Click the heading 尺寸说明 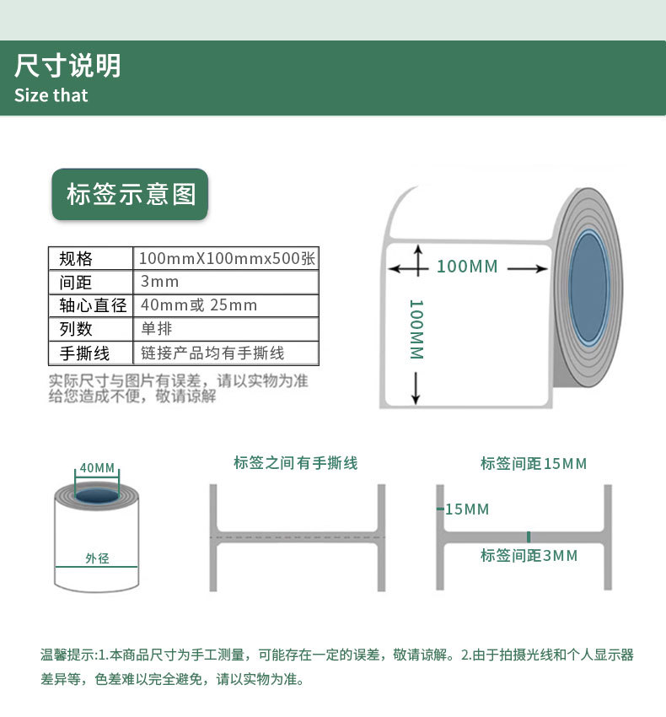67,66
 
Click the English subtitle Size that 51,95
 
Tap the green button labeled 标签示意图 131,195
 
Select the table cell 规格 76,258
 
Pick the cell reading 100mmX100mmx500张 227,258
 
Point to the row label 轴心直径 88,305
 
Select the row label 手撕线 84,353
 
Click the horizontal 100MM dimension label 467,267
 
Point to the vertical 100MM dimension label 416,330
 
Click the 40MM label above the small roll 97,468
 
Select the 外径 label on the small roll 97,558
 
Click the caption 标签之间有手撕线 296,463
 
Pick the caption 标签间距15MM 534,464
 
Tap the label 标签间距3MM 529,556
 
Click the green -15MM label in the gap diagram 465,509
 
